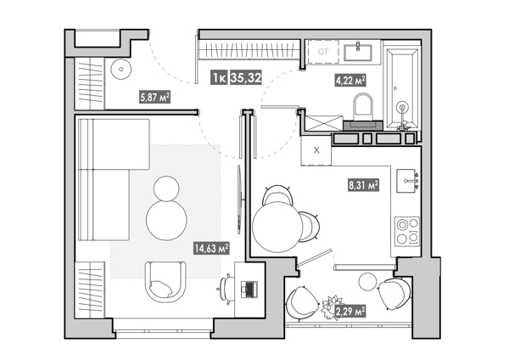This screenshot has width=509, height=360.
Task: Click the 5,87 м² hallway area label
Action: [x=155, y=97]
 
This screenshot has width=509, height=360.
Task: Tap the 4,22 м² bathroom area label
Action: [x=350, y=81]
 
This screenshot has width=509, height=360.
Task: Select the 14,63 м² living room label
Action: [x=211, y=249]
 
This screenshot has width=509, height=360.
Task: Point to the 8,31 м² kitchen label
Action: [x=364, y=186]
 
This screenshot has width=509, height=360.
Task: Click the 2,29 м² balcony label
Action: [x=350, y=312]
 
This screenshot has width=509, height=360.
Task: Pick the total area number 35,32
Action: [x=246, y=78]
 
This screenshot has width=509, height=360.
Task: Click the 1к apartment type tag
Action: [x=220, y=78]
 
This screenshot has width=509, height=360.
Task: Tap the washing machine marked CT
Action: [x=323, y=51]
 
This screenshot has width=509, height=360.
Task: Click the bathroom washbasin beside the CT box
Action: [x=358, y=52]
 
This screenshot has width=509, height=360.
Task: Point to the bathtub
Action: [x=401, y=89]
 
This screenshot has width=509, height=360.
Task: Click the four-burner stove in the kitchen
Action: [x=407, y=232]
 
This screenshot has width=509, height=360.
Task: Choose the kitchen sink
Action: [x=407, y=180]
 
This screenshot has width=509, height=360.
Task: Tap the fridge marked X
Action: [x=316, y=150]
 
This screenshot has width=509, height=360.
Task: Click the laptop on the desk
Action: [x=249, y=289]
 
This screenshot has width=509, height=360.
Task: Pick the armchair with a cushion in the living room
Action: [x=165, y=282]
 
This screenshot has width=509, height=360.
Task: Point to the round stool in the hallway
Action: [x=121, y=69]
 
